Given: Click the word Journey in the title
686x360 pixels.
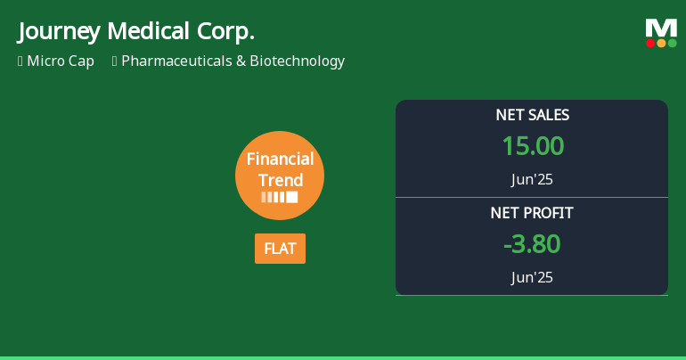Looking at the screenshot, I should pos(58,32).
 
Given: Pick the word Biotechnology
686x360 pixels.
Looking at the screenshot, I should pos(297,61).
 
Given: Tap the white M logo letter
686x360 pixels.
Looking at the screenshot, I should pos(661,28).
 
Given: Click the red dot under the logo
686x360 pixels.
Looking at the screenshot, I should pos(650,43).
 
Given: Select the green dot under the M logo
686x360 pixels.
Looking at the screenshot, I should pos(672,43).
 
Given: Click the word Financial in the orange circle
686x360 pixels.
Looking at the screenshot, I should pos(280,160).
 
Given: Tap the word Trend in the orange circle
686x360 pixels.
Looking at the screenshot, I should pos(280,180).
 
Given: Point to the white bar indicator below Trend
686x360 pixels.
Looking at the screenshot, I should pos(280,197).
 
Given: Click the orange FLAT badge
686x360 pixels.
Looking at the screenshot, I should pos(280,249).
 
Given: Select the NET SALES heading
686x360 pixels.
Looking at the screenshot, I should pos(532,115).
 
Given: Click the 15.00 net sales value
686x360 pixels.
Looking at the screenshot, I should pos(532,146).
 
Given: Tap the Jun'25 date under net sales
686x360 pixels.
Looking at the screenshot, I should pos(532,179).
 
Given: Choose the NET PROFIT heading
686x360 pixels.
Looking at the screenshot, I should pos(532,213).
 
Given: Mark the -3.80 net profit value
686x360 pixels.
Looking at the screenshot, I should pos(532,244).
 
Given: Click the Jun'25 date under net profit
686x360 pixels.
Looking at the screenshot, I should pos(532,277).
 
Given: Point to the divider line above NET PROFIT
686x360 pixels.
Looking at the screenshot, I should pos(532,197).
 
